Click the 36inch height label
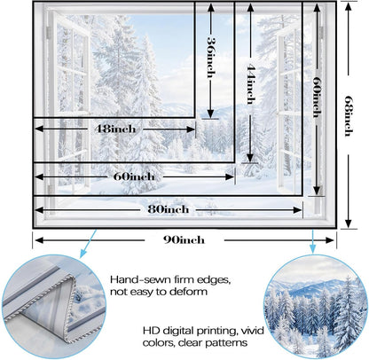point(210,57)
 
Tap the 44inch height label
point(250,85)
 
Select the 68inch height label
point(349,115)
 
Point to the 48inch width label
point(115,129)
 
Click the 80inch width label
point(169,209)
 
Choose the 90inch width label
point(184,239)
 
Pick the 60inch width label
point(134,176)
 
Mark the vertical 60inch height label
point(317,97)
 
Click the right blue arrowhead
point(313,249)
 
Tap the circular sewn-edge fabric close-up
point(53,308)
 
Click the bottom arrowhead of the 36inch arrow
point(210,113)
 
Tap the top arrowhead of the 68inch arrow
point(349,7)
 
